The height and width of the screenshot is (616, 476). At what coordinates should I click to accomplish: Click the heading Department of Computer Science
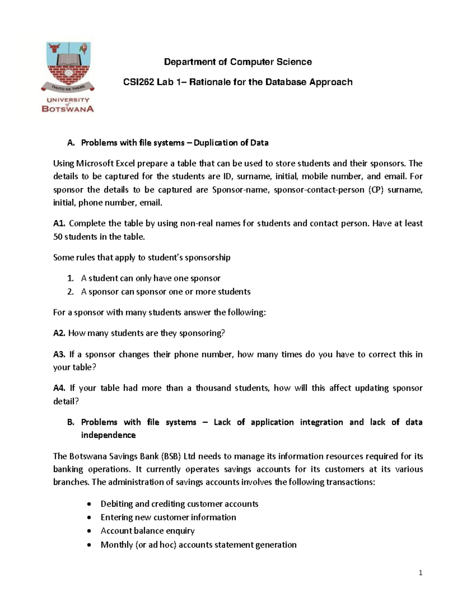pyautogui.click(x=238, y=62)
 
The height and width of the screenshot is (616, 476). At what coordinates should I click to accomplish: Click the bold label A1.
pyautogui.click(x=59, y=223)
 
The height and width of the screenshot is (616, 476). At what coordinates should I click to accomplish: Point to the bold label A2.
pyautogui.click(x=59, y=333)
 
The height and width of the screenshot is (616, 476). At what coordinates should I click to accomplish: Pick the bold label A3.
pyautogui.click(x=59, y=354)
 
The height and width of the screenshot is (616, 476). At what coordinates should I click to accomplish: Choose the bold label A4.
pyautogui.click(x=59, y=388)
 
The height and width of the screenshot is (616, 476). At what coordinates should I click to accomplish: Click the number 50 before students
pyautogui.click(x=58, y=237)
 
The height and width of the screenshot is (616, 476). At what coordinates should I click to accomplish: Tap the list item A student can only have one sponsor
pyautogui.click(x=151, y=278)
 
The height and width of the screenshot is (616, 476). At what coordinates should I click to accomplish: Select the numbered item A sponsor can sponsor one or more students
pyautogui.click(x=166, y=292)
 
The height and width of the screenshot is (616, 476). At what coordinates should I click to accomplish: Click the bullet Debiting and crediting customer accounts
pyautogui.click(x=179, y=504)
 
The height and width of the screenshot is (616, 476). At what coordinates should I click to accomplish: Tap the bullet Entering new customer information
pyautogui.click(x=168, y=517)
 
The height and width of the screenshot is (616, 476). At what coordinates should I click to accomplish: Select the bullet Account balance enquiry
pyautogui.click(x=148, y=531)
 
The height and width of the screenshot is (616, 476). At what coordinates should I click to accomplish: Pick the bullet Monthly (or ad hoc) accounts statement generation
pyautogui.click(x=198, y=545)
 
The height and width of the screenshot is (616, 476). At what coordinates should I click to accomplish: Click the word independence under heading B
pyautogui.click(x=108, y=435)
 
